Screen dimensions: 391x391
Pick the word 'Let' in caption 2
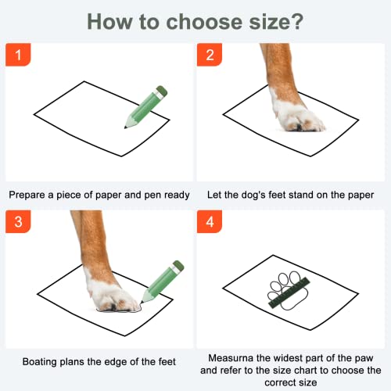pos(215,194)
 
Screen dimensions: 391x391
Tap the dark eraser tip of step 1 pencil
pos(161,89)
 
